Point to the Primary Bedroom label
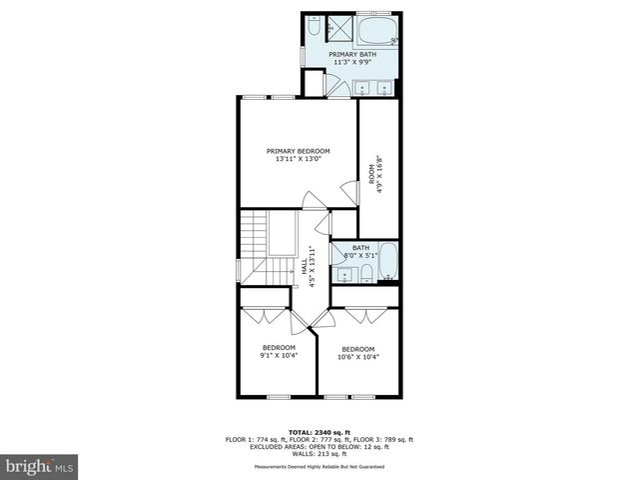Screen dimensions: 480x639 (298, 151)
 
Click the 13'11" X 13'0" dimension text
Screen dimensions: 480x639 (298, 160)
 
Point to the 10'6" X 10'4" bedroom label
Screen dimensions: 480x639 (357, 352)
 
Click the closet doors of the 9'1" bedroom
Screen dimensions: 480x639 (266, 315)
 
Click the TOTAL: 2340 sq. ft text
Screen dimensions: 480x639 (319, 432)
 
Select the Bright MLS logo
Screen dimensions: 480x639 (41, 466)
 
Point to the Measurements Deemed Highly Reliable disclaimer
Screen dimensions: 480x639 (319, 468)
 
